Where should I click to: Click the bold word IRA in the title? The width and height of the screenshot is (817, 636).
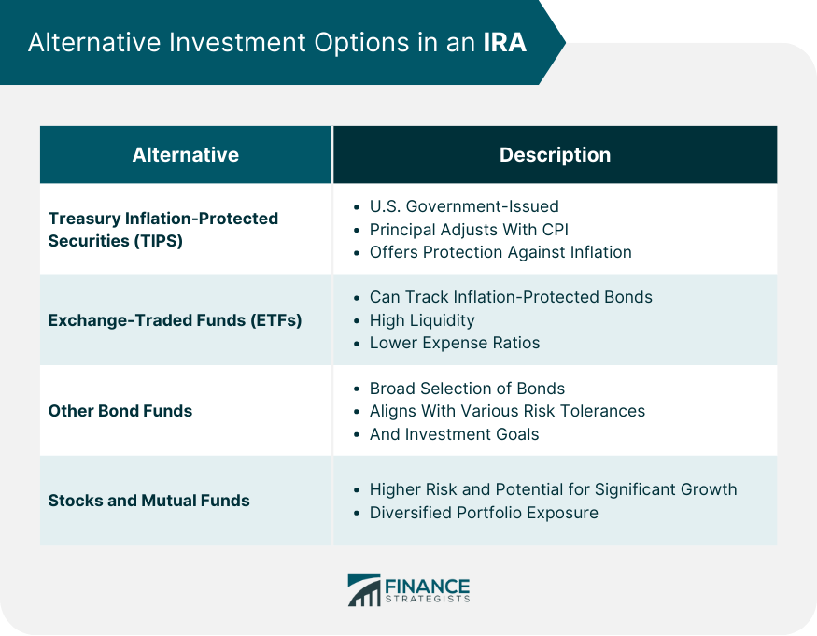[x=504, y=42]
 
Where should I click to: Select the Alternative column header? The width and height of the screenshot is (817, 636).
[x=186, y=155]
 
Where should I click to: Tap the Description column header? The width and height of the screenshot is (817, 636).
[x=555, y=155]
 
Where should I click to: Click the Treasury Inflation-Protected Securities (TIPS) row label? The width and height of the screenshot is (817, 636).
[x=163, y=230]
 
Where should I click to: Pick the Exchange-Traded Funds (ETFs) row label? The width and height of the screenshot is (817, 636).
[x=176, y=320]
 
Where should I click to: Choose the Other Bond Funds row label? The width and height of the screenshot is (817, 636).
[x=120, y=411]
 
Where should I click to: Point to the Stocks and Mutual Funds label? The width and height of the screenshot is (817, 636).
[x=149, y=501]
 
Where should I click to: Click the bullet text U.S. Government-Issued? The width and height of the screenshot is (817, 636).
[x=464, y=206]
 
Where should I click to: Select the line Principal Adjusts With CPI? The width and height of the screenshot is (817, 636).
[x=469, y=230]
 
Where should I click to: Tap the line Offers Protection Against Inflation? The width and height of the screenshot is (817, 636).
[x=500, y=252]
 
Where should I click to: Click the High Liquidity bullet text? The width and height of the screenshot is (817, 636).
[x=422, y=320]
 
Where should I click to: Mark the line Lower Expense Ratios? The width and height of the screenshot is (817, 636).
[x=455, y=343]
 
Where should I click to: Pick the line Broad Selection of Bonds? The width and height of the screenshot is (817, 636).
[x=467, y=389]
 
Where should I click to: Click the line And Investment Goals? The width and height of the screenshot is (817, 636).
[x=454, y=434]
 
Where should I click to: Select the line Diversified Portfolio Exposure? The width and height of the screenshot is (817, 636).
[x=484, y=513]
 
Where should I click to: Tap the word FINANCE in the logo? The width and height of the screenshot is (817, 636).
[x=428, y=587]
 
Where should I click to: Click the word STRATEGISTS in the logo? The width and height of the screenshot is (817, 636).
[x=428, y=599]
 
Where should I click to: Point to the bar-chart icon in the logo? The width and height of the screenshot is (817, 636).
[x=364, y=590]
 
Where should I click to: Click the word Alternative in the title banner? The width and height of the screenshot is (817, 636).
[x=94, y=42]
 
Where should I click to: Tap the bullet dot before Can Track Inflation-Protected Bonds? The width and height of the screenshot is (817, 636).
[x=357, y=298]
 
